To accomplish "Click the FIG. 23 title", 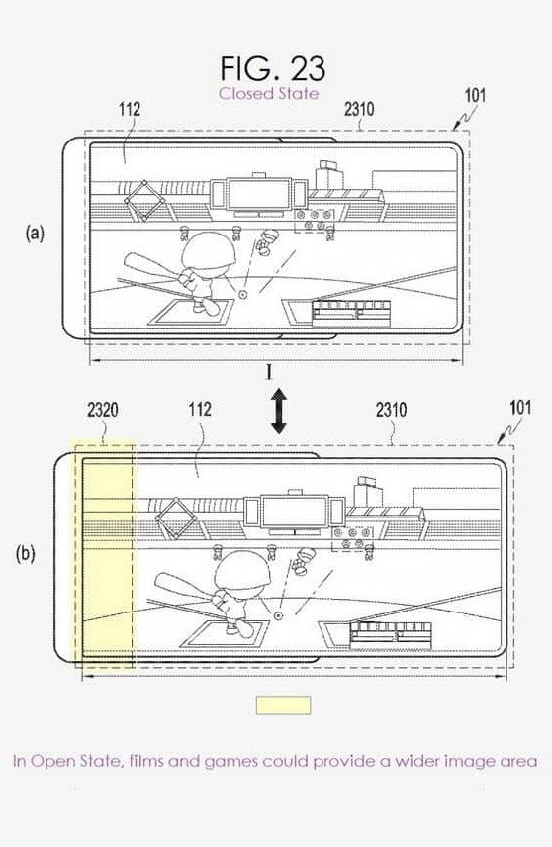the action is click(x=273, y=68).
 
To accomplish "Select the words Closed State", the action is click(x=268, y=93).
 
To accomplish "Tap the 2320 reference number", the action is click(x=103, y=410).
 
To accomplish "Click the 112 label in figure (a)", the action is click(x=130, y=109).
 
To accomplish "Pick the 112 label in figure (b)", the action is click(x=200, y=409).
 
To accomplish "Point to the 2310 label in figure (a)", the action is click(x=359, y=109).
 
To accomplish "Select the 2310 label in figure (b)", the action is click(x=391, y=410).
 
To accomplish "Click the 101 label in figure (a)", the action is click(x=475, y=96).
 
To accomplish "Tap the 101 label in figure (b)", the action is click(x=520, y=408).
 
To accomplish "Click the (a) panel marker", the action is click(x=35, y=234).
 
